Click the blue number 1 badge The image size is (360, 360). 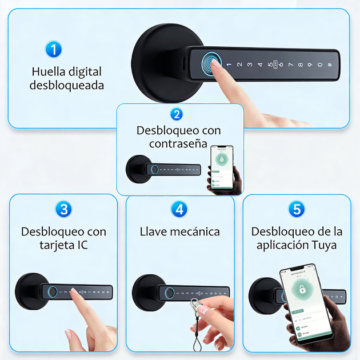[x=53, y=49]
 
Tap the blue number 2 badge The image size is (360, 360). [x=177, y=114]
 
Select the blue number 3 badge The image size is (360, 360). [x=63, y=209]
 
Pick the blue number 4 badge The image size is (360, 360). [x=179, y=209]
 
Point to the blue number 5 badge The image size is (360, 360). [x=296, y=209]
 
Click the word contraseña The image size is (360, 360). [x=178, y=144]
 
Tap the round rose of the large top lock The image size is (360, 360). [x=157, y=63]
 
